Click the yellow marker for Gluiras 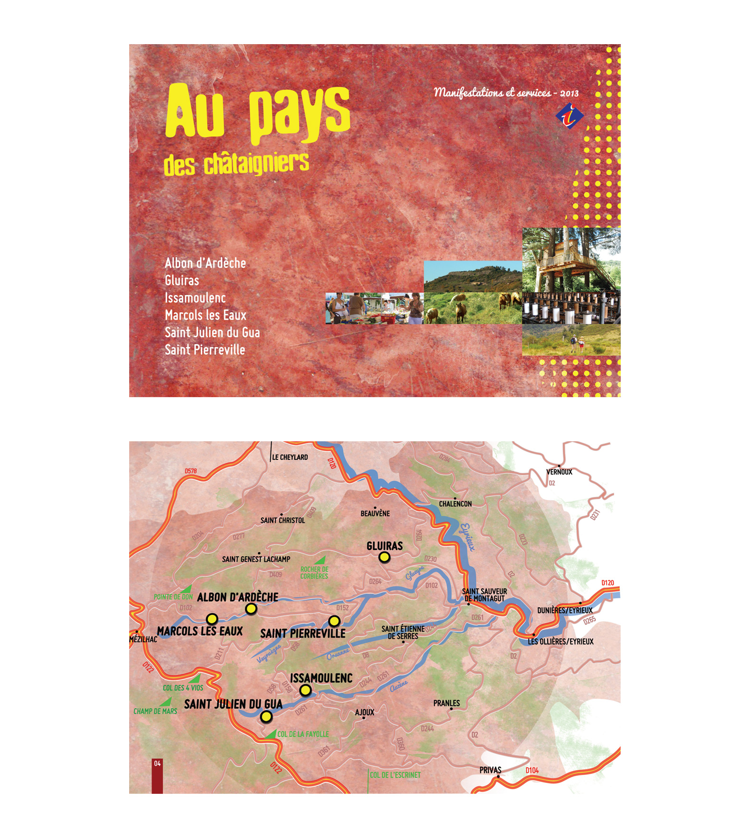(384, 557)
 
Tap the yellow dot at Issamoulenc (305, 690)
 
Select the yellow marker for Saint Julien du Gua (266, 717)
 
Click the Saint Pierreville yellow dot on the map (334, 621)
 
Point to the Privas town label (490, 770)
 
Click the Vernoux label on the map (559, 472)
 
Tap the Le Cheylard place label (290, 457)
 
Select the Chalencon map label (455, 504)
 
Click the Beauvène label (375, 513)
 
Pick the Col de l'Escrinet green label (395, 775)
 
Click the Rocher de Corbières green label (314, 573)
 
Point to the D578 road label (190, 471)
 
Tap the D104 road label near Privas (532, 770)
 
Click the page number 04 (157, 764)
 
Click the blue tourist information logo (570, 116)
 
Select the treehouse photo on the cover (571, 259)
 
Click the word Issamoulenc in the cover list (195, 298)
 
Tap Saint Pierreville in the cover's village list (205, 350)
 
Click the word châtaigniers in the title (256, 163)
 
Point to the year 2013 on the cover (569, 93)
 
